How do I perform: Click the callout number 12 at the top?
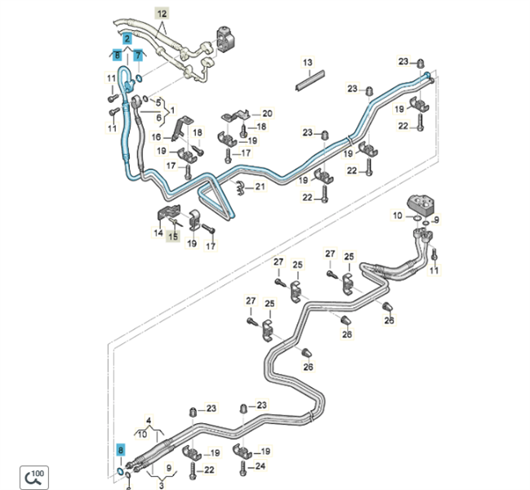coord(161,14)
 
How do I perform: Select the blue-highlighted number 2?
coord(127,38)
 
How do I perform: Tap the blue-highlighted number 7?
coord(138,55)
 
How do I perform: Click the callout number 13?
coord(308,63)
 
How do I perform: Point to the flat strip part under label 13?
coord(305,79)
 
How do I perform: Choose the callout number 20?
coord(267,114)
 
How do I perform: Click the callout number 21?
coord(260,187)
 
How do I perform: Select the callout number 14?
coord(158,234)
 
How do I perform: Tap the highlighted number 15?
coord(172,236)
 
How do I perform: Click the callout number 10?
coord(397,215)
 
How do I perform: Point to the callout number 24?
coord(261,467)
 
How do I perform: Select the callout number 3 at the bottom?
coord(161,487)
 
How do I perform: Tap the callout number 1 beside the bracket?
coord(172,109)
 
